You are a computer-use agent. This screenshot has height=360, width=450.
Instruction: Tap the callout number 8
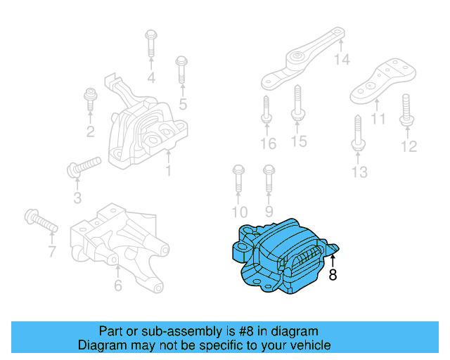tap(333, 276)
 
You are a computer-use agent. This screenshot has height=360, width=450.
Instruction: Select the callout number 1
tap(168, 171)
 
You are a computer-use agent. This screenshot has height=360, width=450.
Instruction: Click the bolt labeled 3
tap(83, 167)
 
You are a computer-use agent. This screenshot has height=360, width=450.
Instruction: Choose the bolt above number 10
tap(238, 179)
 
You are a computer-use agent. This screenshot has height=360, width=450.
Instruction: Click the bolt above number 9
tap(268, 179)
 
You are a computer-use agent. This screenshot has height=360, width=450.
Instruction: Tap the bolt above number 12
tap(407, 109)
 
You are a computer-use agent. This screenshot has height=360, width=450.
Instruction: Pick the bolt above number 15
tap(298, 102)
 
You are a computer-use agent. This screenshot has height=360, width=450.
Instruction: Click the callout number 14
tap(341, 60)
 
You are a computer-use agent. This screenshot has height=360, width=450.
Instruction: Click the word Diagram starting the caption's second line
tap(101, 345)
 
